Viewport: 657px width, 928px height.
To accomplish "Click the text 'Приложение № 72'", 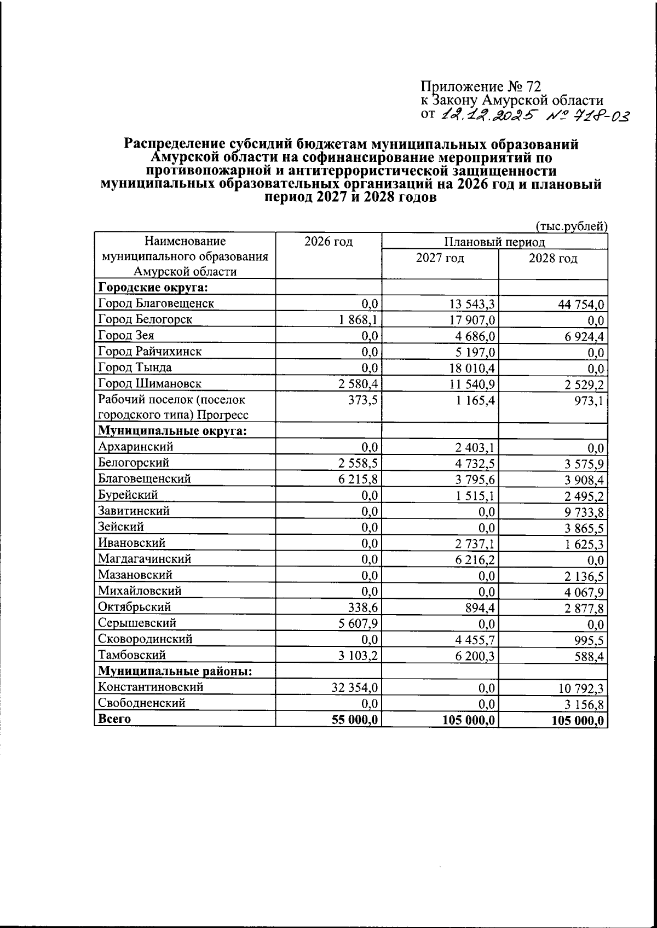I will pos(480,87).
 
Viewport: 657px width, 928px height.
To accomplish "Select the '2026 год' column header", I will pos(328,242).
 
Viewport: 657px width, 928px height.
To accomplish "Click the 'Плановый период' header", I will pos(494,242).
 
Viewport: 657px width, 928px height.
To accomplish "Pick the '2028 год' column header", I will pos(552,258).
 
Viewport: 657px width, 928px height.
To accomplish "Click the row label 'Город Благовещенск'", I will pos(155,304).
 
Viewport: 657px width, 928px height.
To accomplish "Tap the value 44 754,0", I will pos(581,305).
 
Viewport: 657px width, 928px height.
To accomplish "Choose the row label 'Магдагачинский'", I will pos(145,559).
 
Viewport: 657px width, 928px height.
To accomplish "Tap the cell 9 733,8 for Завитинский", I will pos(584,512).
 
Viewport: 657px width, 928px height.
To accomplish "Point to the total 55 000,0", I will pos(355,720).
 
